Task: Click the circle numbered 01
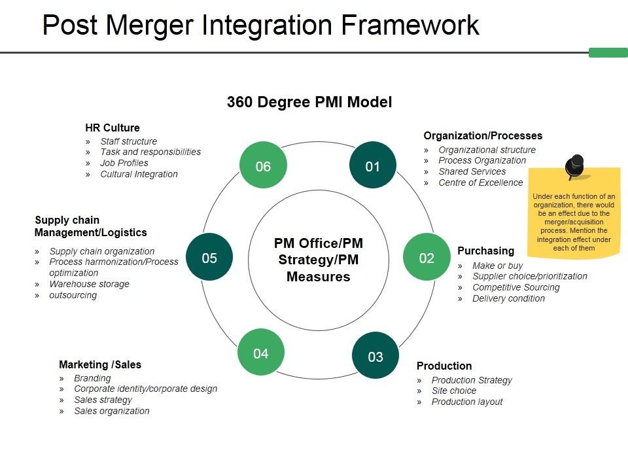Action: point(372,166)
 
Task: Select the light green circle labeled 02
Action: point(427,257)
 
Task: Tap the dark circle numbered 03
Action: point(375,356)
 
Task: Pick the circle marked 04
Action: point(261,353)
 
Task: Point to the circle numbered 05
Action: point(209,257)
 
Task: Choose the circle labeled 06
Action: point(263,166)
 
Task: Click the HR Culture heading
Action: point(113,128)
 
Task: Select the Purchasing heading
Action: point(485,251)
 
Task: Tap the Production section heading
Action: point(444,366)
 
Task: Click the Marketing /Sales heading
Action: point(100,364)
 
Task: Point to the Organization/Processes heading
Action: point(483,135)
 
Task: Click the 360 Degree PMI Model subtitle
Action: point(309,102)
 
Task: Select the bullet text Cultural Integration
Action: point(139,174)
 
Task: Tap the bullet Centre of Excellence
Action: point(481,183)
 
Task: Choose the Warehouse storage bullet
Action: point(90,284)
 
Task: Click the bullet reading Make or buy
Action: point(498,266)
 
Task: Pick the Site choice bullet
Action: point(454,391)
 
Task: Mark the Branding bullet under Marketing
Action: point(92,378)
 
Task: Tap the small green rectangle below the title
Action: point(608,52)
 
